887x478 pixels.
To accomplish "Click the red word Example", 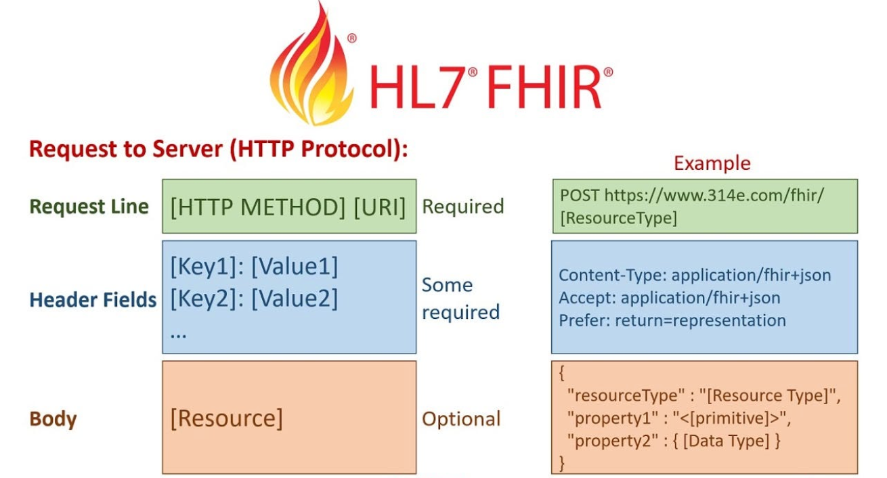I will coord(712,163).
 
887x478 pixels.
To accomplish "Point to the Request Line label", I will coord(89,207).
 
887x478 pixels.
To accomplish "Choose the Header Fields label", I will coord(93,299).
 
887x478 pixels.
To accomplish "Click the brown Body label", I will coord(53,418).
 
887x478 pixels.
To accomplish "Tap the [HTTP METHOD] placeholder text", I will coord(258,207).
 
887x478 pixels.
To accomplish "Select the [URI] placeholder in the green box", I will coord(379,207).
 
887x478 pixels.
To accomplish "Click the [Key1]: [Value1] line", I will coord(254,266).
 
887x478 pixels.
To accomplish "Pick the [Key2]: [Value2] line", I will coord(254,298).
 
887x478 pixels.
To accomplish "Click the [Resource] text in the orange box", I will coord(226,418).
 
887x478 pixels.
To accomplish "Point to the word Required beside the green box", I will coord(463,207).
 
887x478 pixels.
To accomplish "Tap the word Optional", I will coord(461,418).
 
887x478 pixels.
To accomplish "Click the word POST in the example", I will coord(580,196).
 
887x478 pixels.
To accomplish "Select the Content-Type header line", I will coord(695,276).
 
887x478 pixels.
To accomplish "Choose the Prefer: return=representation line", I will coord(672,320).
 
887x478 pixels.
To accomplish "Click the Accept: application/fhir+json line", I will coord(670,298).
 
